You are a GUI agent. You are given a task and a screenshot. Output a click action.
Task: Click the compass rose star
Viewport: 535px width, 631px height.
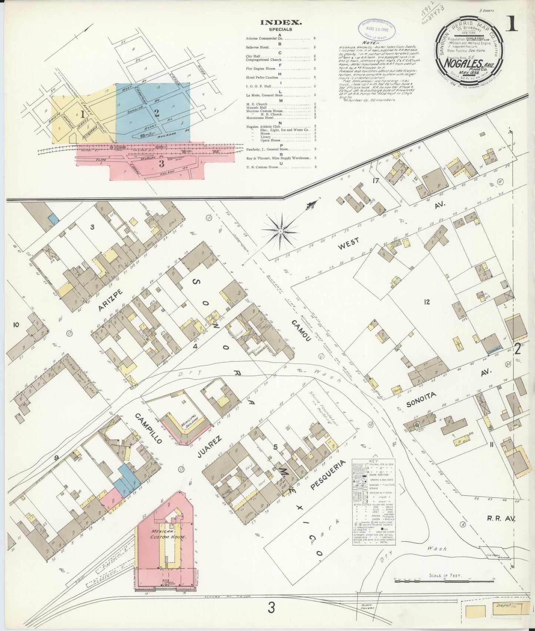[x=281, y=231]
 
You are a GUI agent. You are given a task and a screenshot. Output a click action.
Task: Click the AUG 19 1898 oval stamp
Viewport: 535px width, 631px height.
[x=376, y=28]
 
